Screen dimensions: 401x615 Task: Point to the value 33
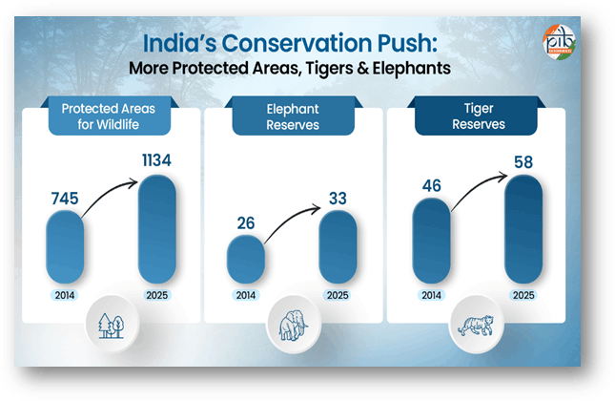pyautogui.click(x=337, y=199)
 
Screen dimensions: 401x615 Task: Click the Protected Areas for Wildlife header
pyautogui.click(x=108, y=117)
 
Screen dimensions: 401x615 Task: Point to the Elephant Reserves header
pyautogui.click(x=292, y=117)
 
